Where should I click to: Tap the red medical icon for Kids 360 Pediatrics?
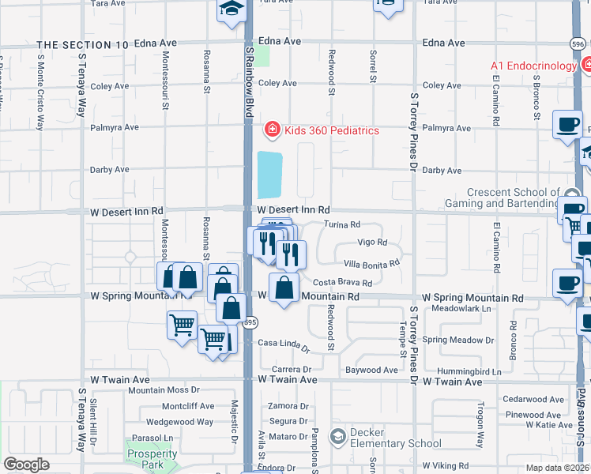point(271,129)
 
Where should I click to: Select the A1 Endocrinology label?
point(533,66)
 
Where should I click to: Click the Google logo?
point(26,465)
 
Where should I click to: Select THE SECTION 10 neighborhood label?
point(82,45)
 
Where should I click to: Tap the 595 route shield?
point(250,322)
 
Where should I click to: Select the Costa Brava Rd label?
point(342,282)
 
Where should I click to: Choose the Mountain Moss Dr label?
point(160,390)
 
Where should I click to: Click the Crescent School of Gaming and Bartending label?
point(512,197)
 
